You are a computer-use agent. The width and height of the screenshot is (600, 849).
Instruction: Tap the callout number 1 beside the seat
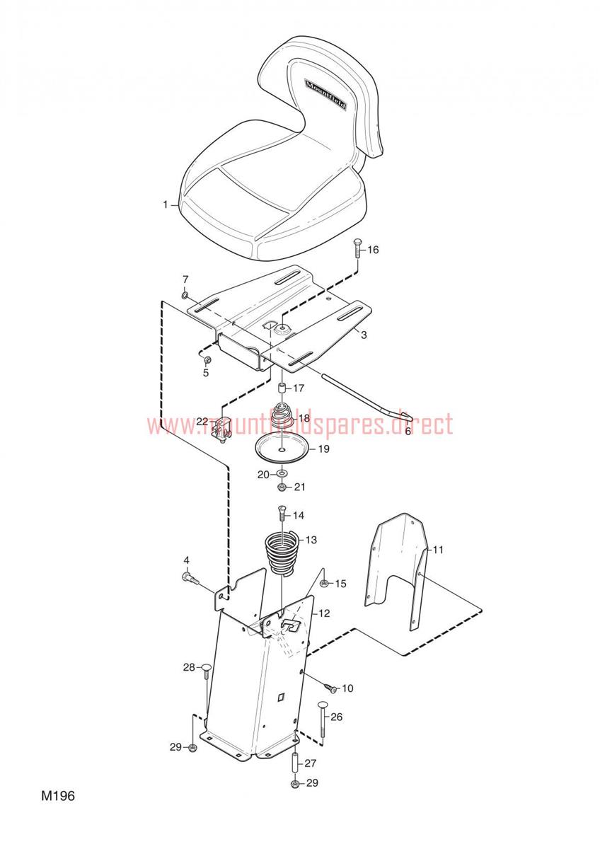[x=166, y=205]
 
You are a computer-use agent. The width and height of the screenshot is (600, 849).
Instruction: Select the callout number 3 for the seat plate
[x=363, y=336]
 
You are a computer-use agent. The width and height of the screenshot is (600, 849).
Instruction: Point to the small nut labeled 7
[x=185, y=294]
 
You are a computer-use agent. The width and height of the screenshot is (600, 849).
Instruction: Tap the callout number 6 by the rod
[x=408, y=429]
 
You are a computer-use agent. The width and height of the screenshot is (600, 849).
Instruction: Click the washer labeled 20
[x=282, y=474]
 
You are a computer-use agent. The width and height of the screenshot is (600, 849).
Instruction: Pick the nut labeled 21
[x=282, y=487]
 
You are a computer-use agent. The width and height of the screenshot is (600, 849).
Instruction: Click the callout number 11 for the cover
[x=438, y=550]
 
